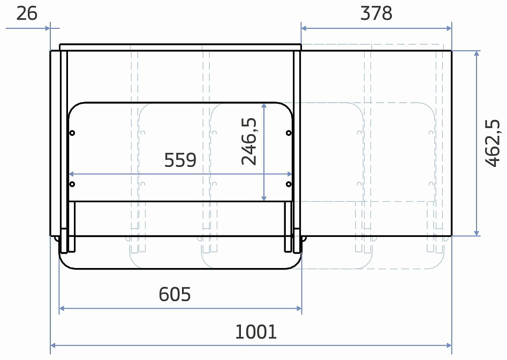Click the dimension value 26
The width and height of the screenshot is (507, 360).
pos(27,13)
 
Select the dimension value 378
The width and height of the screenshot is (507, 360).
pos(376,13)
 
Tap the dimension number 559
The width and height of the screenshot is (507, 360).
pos(180,160)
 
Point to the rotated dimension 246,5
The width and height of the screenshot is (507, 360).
pos(249,141)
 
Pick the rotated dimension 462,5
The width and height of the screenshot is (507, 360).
pos(493,143)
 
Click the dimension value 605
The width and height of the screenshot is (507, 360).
pos(175,294)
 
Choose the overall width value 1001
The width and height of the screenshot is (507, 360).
pos(256,332)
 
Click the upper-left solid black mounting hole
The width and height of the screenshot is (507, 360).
pos(72,133)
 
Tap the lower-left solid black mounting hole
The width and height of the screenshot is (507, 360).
pos(72,184)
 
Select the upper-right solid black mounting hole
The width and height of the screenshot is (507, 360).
pos(289,133)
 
